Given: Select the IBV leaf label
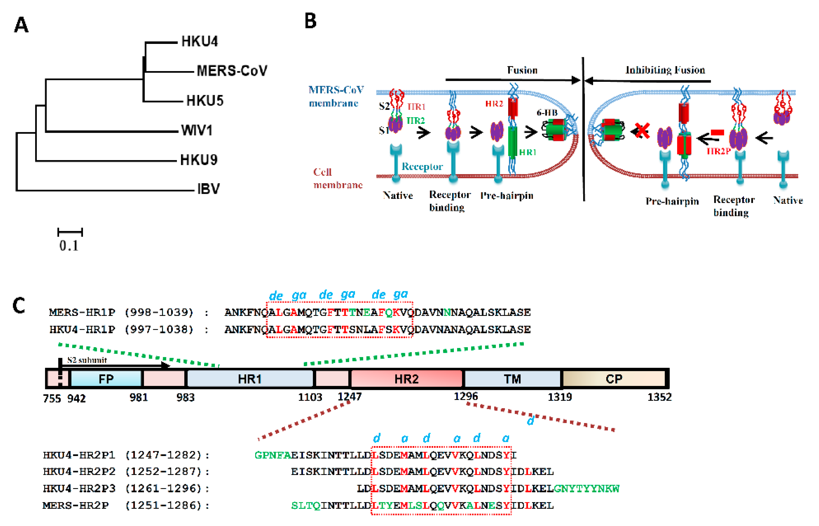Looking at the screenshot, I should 208,189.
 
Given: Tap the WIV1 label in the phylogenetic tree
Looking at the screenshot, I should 197,130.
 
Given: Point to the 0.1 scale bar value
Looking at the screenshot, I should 69,245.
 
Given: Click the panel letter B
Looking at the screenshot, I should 310,21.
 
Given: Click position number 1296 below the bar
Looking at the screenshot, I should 465,396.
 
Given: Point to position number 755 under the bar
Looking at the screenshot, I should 52,398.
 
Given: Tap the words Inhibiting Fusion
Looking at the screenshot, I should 665,70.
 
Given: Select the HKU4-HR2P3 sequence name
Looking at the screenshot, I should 79,488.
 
